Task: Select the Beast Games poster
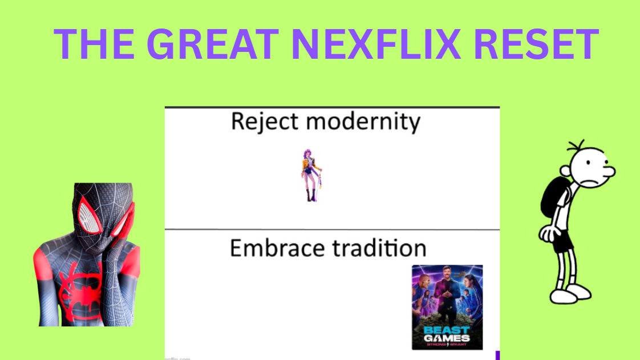point(447,307)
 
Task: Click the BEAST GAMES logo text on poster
point(447,334)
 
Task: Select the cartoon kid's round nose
point(609,171)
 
